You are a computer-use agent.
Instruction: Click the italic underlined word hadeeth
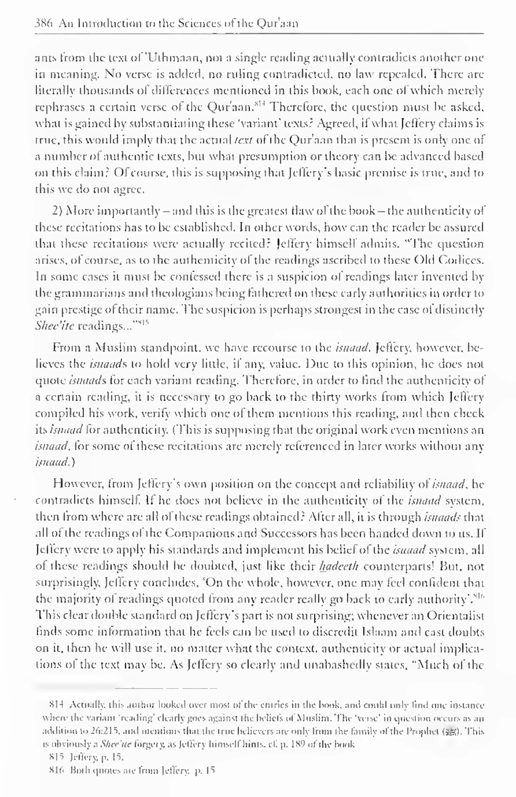click(x=339, y=566)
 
